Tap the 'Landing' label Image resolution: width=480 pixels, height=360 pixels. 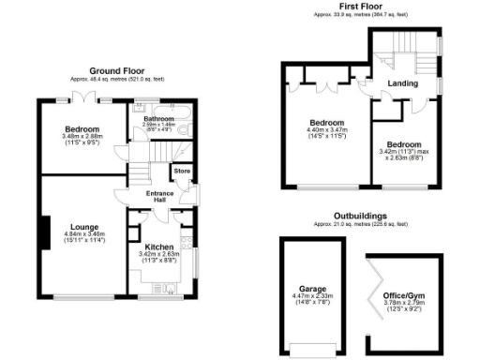[x=403, y=83]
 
